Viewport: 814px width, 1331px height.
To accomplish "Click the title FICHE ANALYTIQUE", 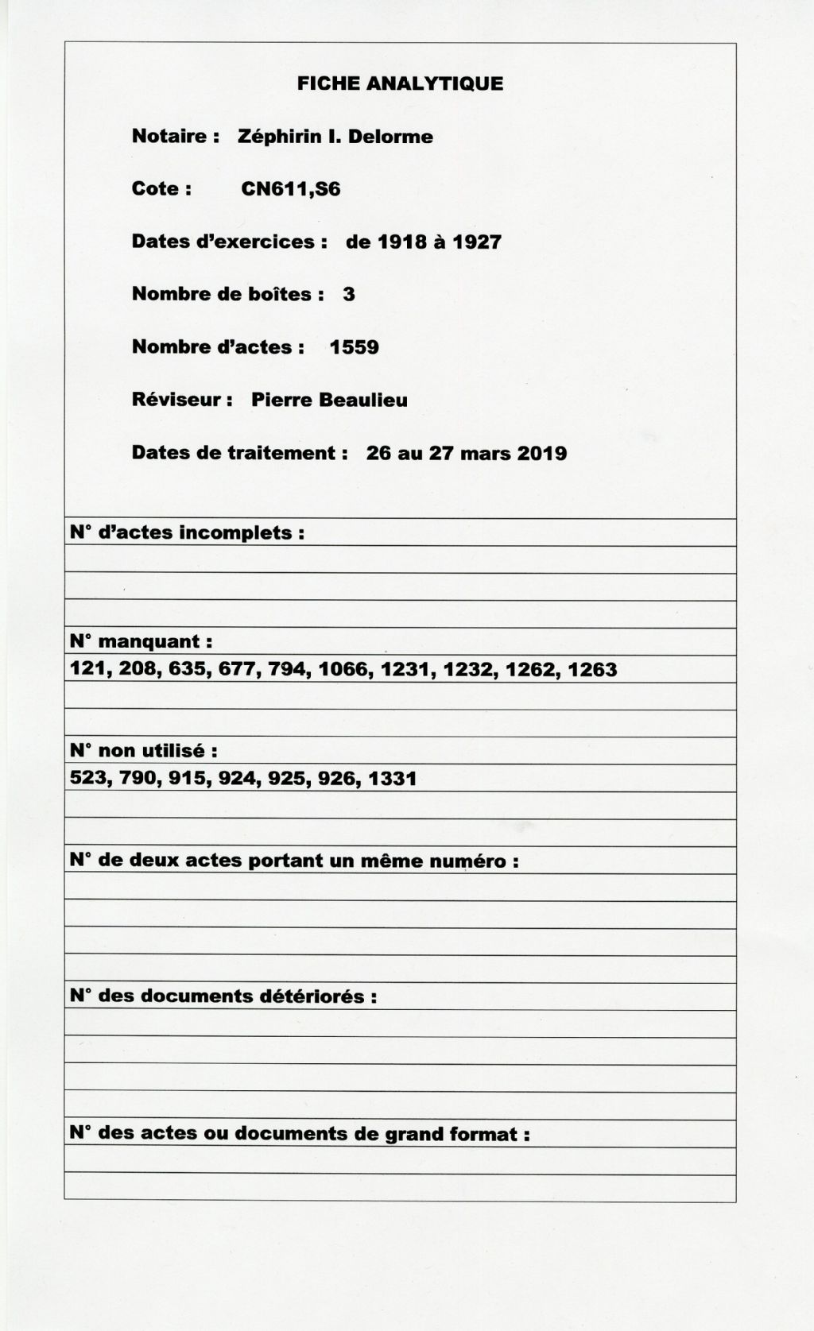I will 400,83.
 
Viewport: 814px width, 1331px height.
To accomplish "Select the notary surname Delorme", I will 390,137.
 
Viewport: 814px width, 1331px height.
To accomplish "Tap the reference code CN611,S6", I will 291,189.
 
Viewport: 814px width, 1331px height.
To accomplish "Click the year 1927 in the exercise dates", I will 477,242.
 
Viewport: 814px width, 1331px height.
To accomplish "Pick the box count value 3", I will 349,294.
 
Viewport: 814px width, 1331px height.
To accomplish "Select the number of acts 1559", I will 354,347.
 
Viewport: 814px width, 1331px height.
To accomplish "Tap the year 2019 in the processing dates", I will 542,453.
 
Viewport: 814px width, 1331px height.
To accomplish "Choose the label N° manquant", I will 141,641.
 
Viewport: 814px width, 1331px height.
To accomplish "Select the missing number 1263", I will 592,669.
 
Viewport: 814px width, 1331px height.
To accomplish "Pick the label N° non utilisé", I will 143,750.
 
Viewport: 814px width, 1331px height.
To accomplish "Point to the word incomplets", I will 242,532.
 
